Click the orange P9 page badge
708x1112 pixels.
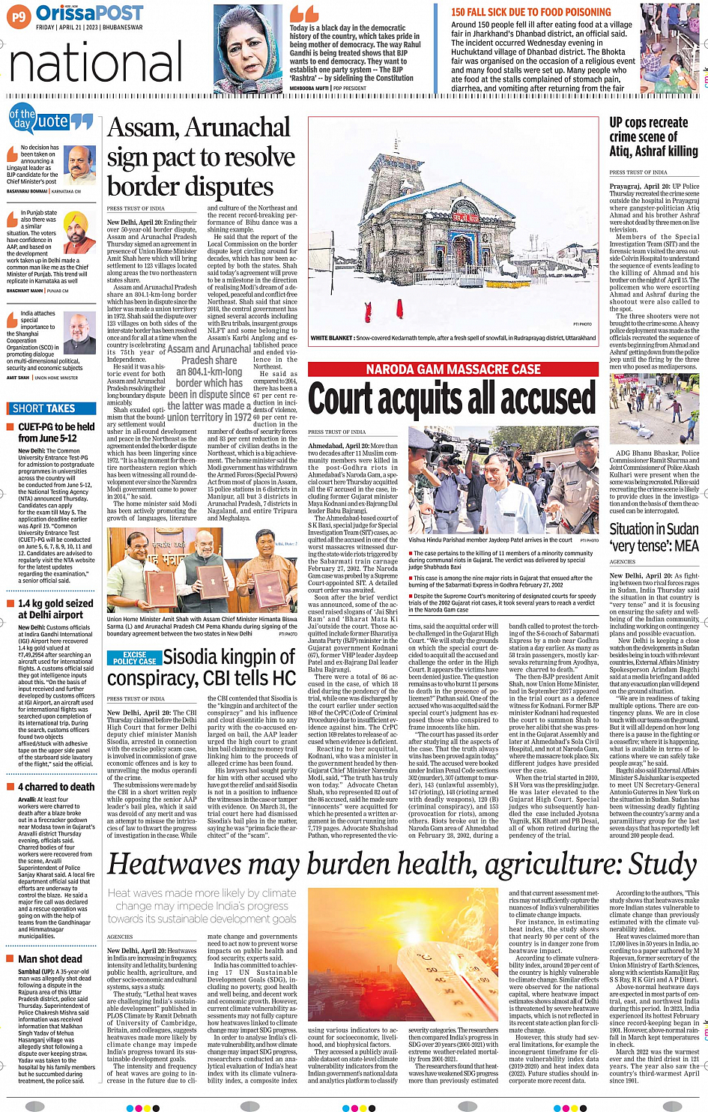tap(19, 16)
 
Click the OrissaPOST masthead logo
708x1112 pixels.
tap(89, 13)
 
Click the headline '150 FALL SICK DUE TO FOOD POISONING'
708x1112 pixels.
tap(530, 12)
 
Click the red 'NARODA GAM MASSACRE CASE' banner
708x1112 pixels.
tap(453, 369)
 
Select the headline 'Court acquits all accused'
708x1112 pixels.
tap(452, 399)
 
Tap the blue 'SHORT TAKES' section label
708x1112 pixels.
tap(45, 408)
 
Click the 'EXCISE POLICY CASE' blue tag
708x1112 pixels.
tap(135, 658)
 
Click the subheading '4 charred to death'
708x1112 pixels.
tap(56, 787)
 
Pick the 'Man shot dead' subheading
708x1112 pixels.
tap(49, 958)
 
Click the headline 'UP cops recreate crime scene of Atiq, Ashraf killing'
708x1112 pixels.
tap(653, 136)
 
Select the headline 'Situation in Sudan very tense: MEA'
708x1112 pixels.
tap(653, 537)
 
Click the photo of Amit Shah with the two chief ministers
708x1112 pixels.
tap(202, 571)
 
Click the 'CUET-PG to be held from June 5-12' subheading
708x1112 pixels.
tap(56, 432)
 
